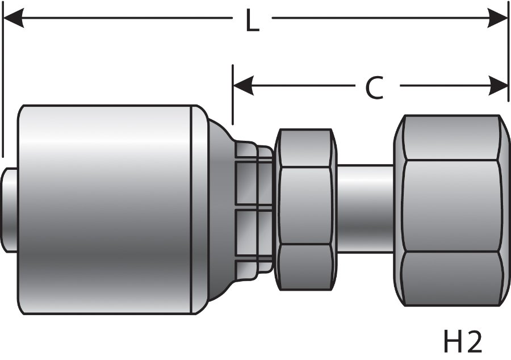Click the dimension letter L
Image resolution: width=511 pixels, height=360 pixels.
point(252,22)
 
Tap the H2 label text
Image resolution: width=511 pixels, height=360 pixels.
point(462,342)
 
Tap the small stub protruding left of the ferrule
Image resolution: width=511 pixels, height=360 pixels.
point(10,210)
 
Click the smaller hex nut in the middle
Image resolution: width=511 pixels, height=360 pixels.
point(304,209)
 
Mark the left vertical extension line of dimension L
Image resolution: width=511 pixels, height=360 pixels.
point(3,85)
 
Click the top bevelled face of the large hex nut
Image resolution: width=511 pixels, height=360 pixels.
point(452,137)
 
